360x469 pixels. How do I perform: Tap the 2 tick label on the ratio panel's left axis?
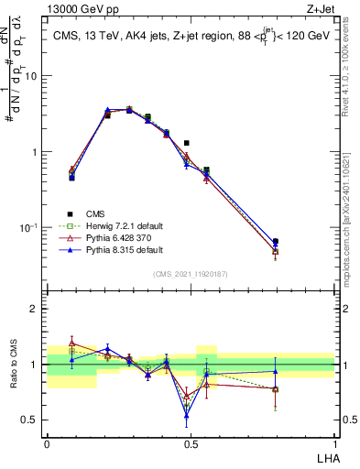[35, 309]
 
